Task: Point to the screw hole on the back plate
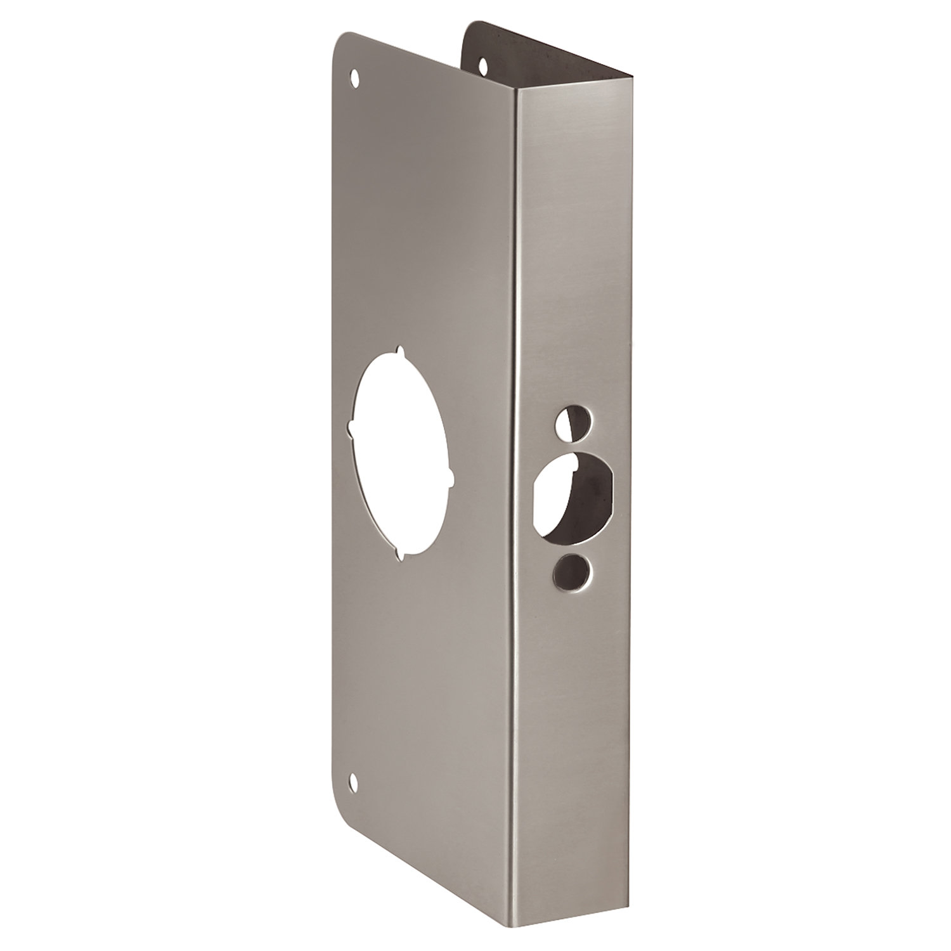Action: (x=484, y=64)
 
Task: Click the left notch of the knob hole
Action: (x=349, y=430)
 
